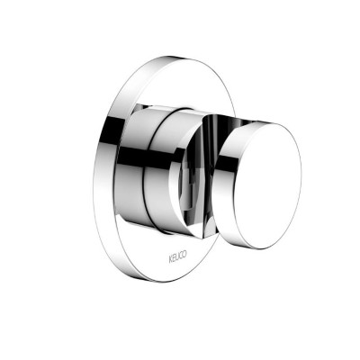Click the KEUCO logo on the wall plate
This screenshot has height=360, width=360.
point(178,256)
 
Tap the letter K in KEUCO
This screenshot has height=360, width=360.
point(171,259)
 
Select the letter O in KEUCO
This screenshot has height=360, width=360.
point(184,255)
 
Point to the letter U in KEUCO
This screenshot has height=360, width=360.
point(178,257)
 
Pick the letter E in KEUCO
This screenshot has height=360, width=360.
point(175,258)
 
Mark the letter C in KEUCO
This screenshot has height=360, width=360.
point(181,256)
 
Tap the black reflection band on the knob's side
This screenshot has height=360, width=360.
point(224,164)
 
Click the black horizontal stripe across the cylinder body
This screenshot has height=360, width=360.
point(150,156)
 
